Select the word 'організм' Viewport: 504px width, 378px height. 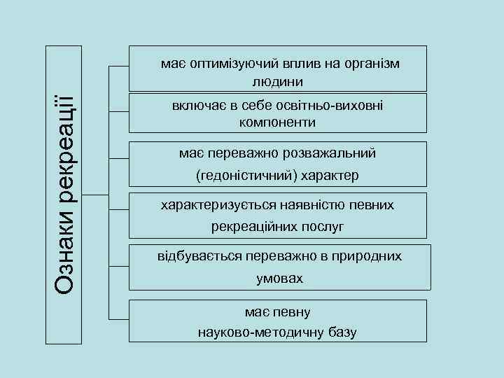372,64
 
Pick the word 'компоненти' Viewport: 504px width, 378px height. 277,122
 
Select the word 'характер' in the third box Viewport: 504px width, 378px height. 328,175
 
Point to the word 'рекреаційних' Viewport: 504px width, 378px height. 255,227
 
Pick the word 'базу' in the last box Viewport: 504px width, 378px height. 341,332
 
